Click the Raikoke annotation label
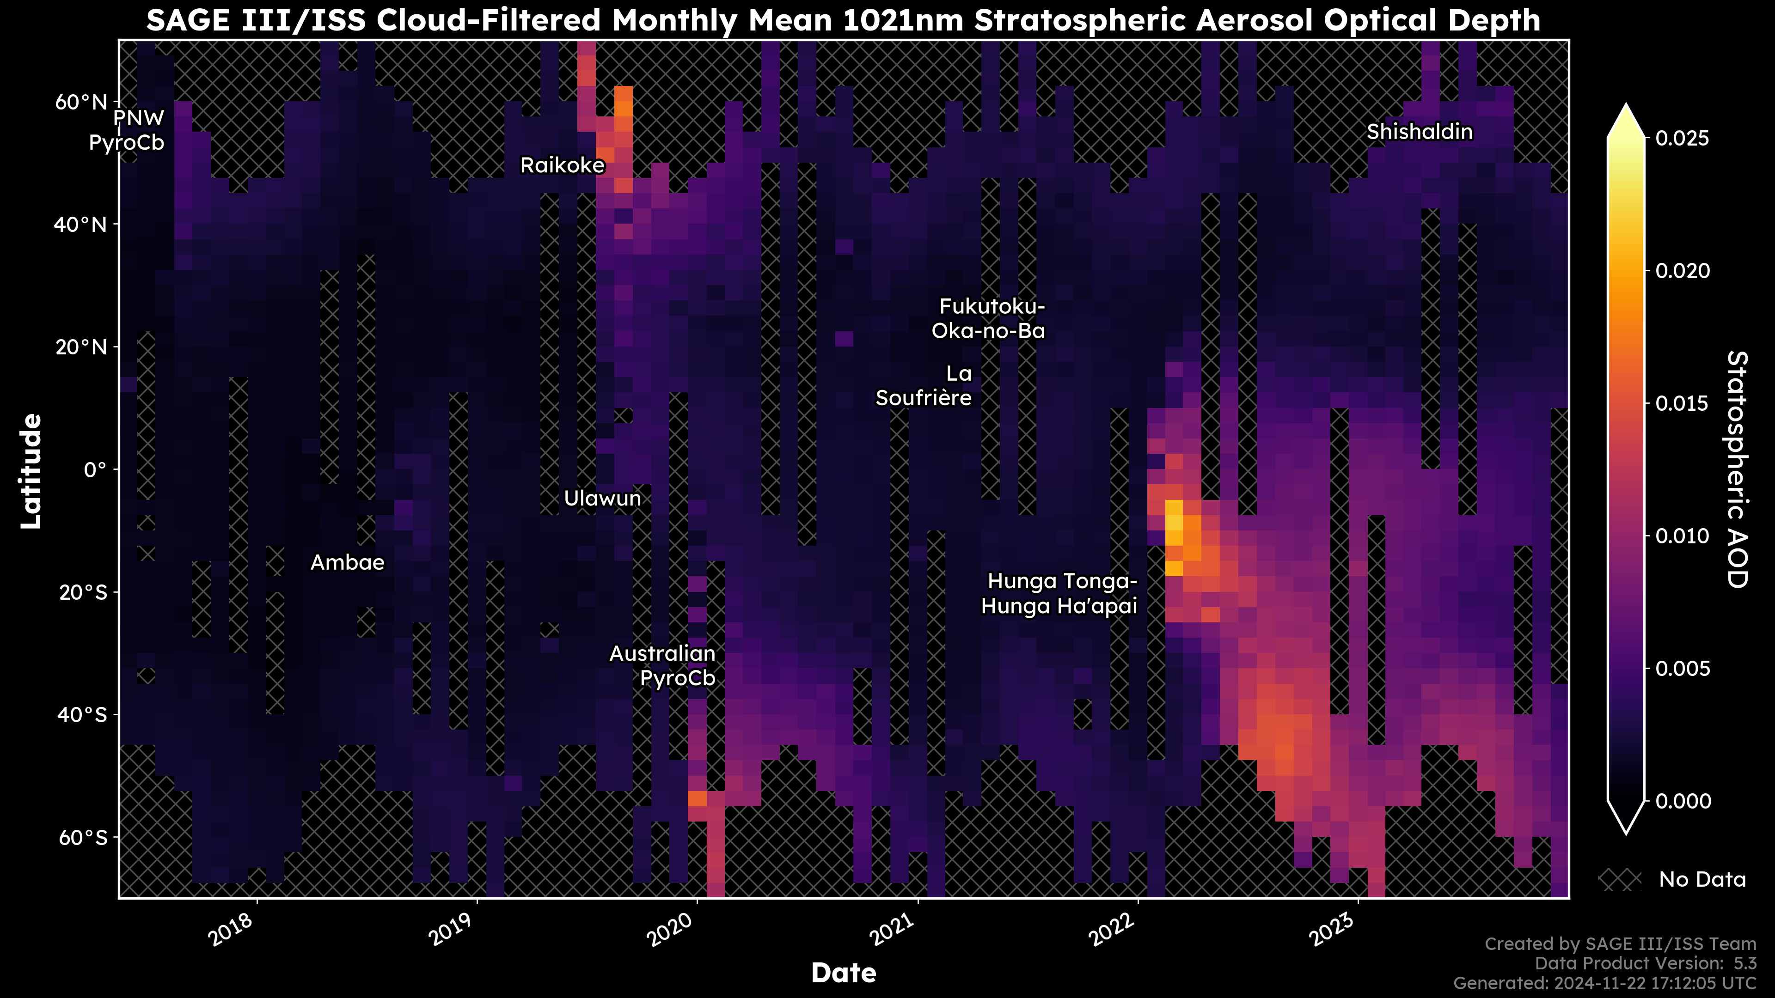[x=562, y=165]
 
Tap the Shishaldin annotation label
[x=1420, y=132]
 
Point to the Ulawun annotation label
[x=602, y=498]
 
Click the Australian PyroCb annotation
[x=662, y=665]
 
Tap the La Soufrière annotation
[x=924, y=386]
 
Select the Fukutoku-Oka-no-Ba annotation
[x=989, y=318]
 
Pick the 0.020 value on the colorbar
[x=1683, y=271]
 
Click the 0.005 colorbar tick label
[x=1683, y=668]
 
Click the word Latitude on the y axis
[x=31, y=471]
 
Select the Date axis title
[x=844, y=973]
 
